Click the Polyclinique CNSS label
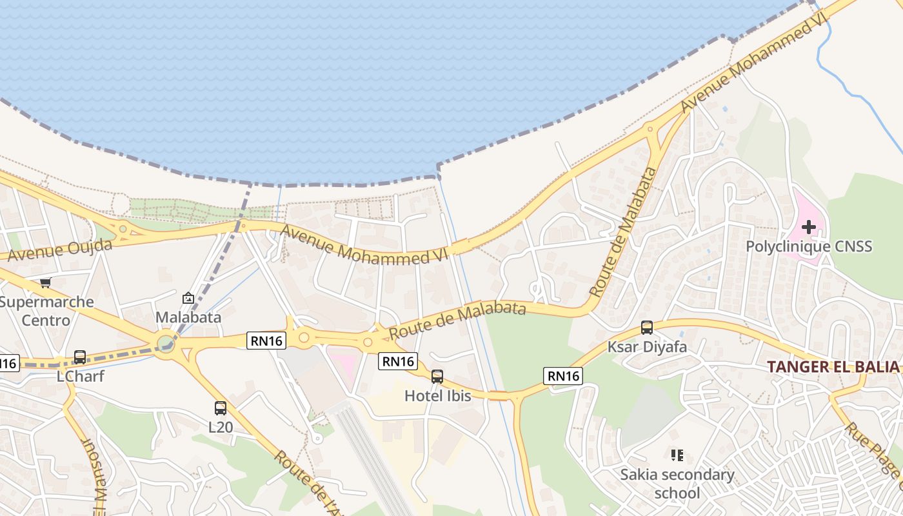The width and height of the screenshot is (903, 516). [809, 246]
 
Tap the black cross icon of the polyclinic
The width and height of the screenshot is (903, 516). [809, 227]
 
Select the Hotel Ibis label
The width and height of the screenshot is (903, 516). [437, 395]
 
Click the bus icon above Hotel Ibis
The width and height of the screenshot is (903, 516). [437, 377]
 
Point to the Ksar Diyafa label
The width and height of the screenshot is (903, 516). [647, 347]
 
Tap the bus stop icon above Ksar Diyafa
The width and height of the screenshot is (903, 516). [647, 328]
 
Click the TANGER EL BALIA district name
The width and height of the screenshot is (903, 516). [833, 367]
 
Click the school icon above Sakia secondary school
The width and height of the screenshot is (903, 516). [677, 456]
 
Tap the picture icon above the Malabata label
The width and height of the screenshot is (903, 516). [188, 298]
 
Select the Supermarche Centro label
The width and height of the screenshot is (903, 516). [46, 311]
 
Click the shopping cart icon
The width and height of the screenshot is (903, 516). [45, 283]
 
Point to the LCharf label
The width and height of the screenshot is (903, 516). [81, 376]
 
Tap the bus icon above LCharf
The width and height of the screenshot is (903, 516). [80, 357]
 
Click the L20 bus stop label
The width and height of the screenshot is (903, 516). [221, 427]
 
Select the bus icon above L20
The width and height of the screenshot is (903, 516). [221, 408]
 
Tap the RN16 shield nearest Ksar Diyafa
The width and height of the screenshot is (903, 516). [563, 375]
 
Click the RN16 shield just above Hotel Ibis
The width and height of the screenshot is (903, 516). [398, 361]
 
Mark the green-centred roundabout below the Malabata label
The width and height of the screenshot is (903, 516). [166, 341]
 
